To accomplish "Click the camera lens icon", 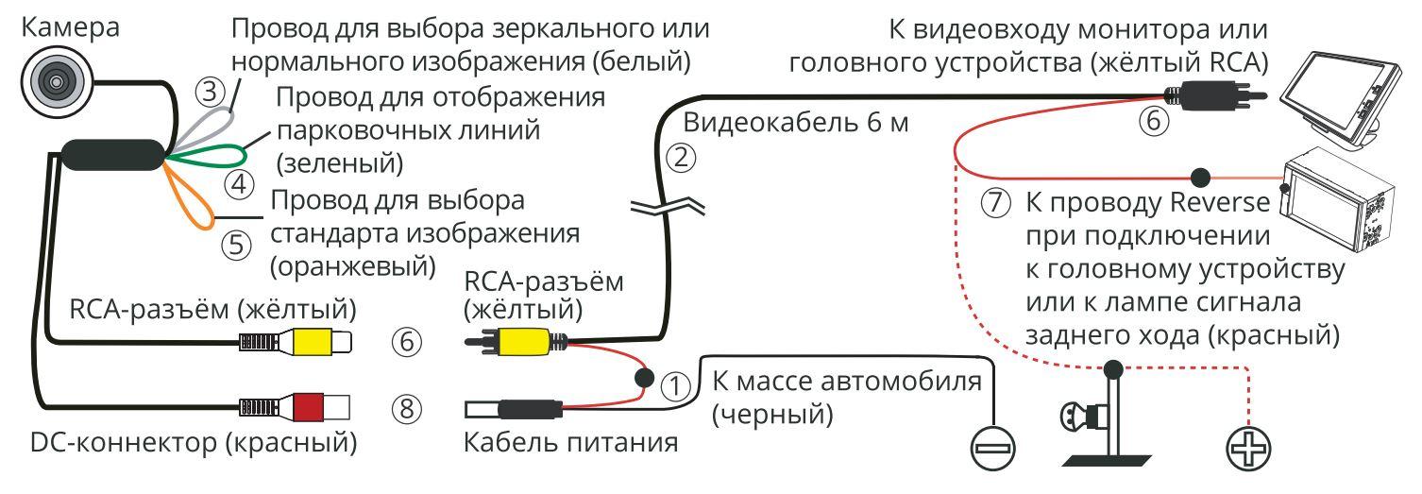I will pos(53,82).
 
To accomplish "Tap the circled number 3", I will pos(212,92).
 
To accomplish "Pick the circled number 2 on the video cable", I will pos(680,158).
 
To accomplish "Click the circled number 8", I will pos(407,409).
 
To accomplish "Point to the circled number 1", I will pos(674,383).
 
